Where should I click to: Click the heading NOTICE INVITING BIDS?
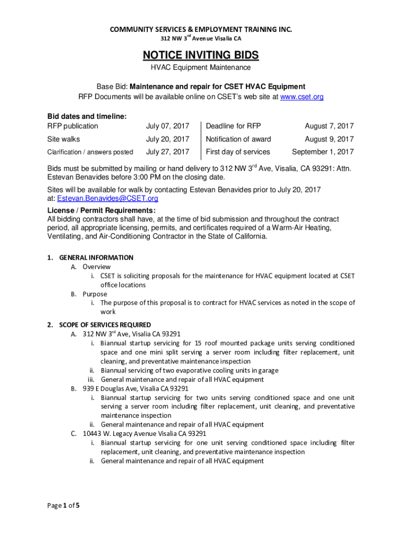click(201, 55)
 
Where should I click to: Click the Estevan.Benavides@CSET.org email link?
click(108, 199)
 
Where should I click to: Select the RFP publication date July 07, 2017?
click(168, 126)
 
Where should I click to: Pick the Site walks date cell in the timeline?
click(168, 139)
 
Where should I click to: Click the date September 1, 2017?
click(323, 152)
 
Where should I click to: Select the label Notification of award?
click(238, 139)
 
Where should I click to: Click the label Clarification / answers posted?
click(90, 152)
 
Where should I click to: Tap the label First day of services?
click(238, 152)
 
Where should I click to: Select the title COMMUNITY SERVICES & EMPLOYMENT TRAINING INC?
click(201, 30)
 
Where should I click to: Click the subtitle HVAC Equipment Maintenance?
click(201, 68)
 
